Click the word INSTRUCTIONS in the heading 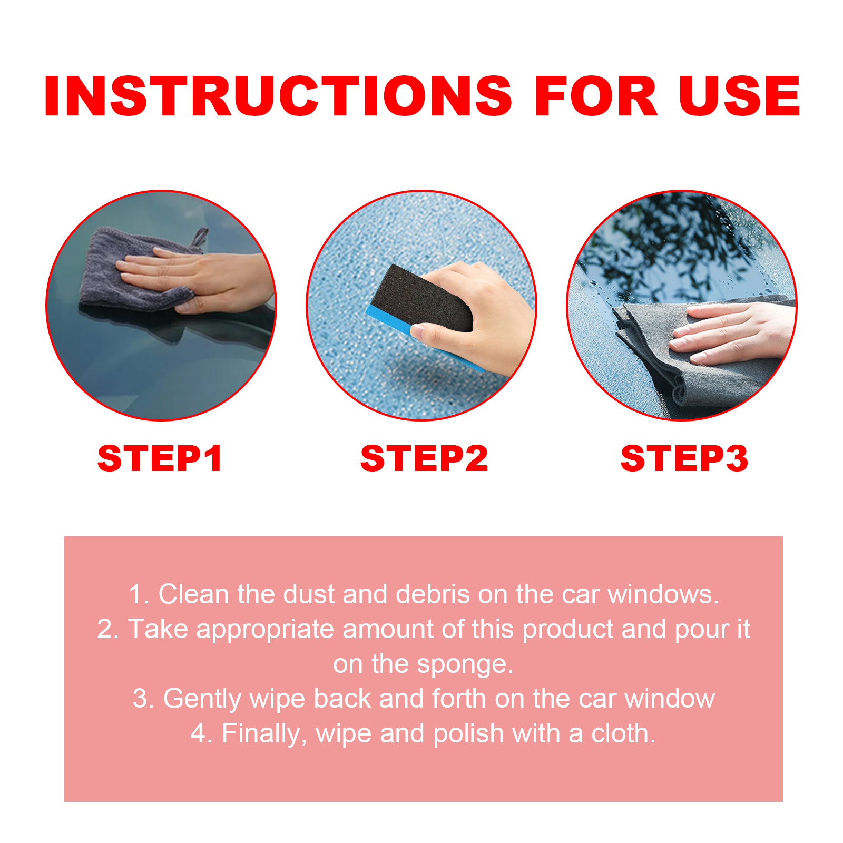click(278, 96)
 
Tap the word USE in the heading click(739, 96)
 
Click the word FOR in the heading click(596, 96)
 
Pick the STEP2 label click(424, 458)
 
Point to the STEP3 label click(684, 458)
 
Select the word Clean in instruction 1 click(193, 594)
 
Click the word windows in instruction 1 click(663, 594)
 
